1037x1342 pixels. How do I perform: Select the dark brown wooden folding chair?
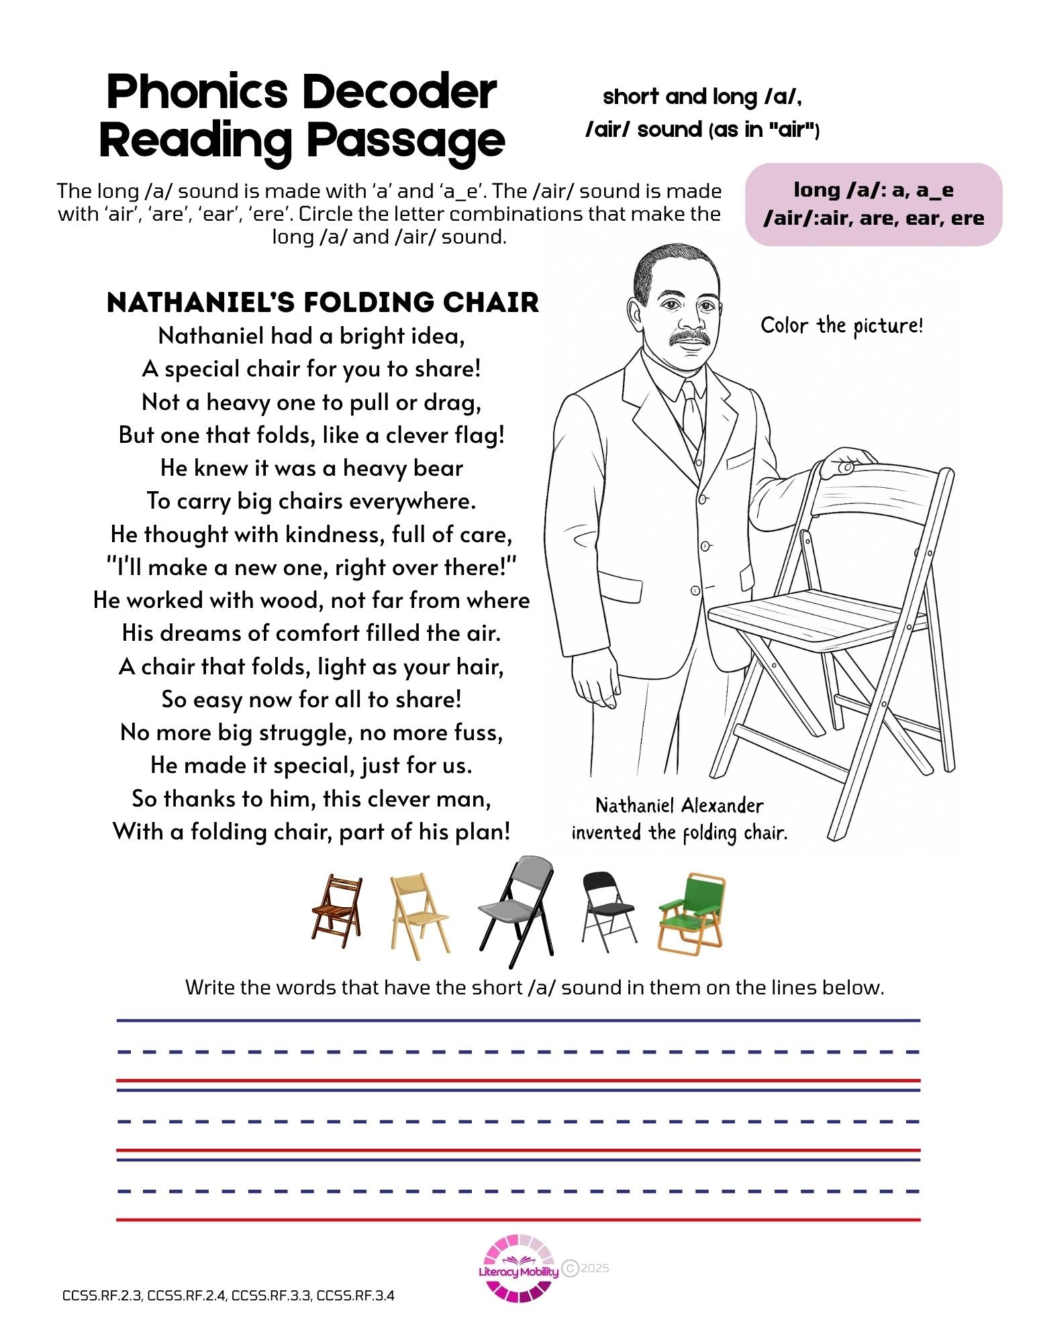click(x=337, y=910)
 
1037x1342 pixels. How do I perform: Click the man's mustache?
click(x=691, y=336)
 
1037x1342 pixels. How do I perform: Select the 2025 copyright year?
click(x=595, y=1268)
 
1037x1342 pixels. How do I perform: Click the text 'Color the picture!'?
click(x=842, y=326)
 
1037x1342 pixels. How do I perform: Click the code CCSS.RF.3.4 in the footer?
click(x=355, y=1296)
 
